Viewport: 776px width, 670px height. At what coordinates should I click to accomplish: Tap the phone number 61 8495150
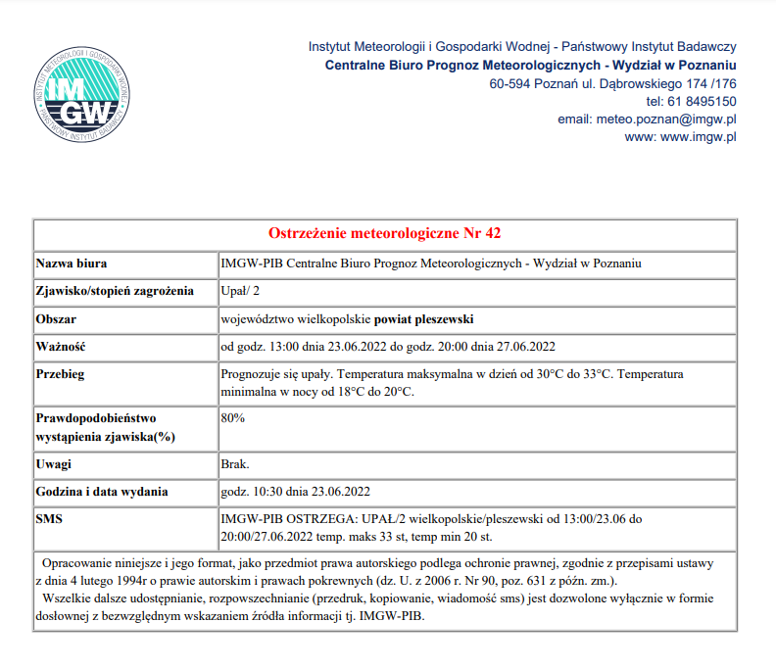tap(703, 102)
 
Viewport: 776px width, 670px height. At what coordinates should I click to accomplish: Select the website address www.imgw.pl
tap(699, 137)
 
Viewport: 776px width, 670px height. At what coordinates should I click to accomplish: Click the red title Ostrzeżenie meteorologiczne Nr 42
tap(385, 234)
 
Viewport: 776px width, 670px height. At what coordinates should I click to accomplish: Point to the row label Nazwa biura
tap(72, 264)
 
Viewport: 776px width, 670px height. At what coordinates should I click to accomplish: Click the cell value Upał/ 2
tap(241, 292)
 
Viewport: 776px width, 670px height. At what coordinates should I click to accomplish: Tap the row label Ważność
tap(62, 348)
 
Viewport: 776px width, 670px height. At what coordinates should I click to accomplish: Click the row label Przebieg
tap(61, 375)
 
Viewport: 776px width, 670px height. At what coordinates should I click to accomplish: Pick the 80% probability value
tap(233, 418)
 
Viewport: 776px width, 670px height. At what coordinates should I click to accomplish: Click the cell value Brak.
tap(236, 463)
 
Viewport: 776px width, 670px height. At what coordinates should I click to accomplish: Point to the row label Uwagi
tap(55, 463)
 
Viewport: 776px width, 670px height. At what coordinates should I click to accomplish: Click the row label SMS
tap(49, 518)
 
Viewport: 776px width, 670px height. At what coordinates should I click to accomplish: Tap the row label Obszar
tap(56, 320)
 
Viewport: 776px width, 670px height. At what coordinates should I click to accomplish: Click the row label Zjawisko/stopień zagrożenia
tap(114, 292)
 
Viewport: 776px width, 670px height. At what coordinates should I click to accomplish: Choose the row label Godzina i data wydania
tap(102, 491)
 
